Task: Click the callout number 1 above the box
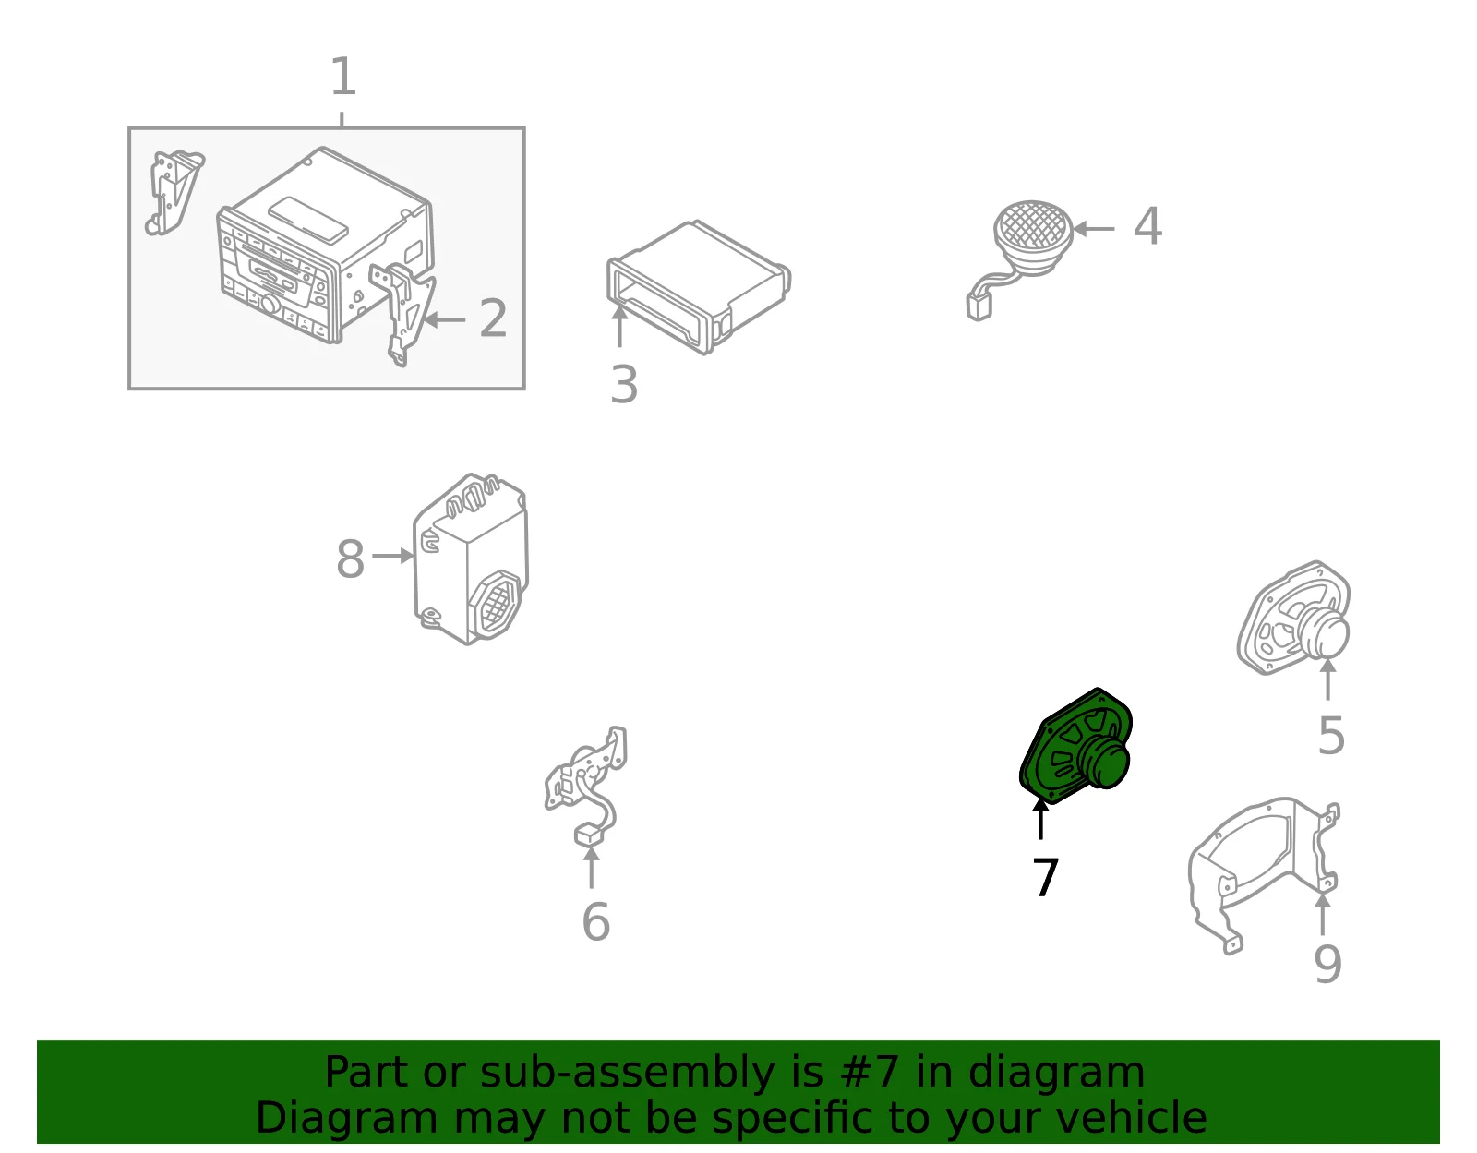[x=342, y=76]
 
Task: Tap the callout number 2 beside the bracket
[x=493, y=318]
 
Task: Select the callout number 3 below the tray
[x=624, y=385]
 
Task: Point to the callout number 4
[x=1147, y=225]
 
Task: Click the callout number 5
[x=1331, y=735]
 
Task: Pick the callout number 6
[x=596, y=921]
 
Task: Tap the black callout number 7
[x=1045, y=876]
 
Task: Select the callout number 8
[x=350, y=558]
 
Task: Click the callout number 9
[x=1327, y=964]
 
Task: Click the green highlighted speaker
[x=1075, y=746]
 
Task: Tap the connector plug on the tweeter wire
[x=979, y=307]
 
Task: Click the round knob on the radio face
[x=270, y=305]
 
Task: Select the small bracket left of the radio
[x=174, y=193]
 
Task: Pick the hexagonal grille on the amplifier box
[x=499, y=601]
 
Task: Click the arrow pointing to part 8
[x=393, y=556]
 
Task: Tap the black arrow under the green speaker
[x=1040, y=820]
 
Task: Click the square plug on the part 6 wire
[x=589, y=835]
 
